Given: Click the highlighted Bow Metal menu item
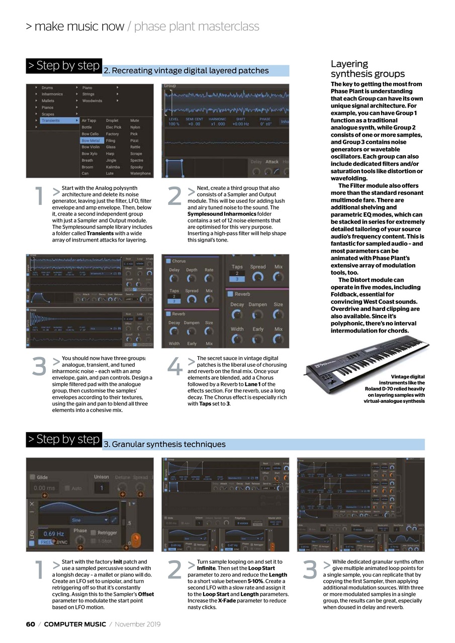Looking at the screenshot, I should pos(92,141).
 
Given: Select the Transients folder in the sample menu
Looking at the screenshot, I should pos(51,121).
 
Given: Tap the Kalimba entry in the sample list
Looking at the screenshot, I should pos(113,167).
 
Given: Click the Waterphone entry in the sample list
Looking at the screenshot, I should pos(140,173).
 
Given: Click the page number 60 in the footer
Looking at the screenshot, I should pos(31,624).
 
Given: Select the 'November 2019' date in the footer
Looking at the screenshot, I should pos(138,624).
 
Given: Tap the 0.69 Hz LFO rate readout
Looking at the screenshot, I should pos(54,533).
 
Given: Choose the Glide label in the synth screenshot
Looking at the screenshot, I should pos(43,477).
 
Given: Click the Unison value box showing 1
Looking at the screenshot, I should pos(102,488).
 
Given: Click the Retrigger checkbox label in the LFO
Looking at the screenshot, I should pos(107,532).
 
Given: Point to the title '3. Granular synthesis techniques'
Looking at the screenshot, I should pos(164,444).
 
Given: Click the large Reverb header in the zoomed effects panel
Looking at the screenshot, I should pos(242,294).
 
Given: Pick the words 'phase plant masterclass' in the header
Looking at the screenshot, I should pos(197,27).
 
